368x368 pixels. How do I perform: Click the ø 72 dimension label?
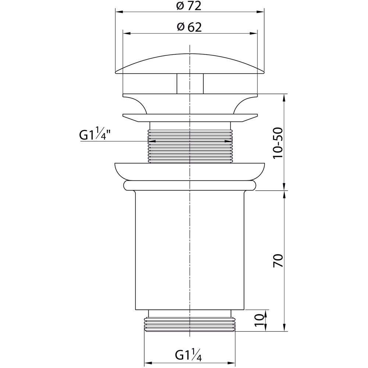pos(189,6)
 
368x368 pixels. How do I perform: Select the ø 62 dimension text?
pos(189,28)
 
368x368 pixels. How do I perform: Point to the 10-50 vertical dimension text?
pos(279,143)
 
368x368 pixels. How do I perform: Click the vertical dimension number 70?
pos(279,261)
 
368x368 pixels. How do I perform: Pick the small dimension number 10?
pos(259,321)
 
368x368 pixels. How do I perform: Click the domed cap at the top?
pos(190,63)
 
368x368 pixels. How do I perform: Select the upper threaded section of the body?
pos(190,142)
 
